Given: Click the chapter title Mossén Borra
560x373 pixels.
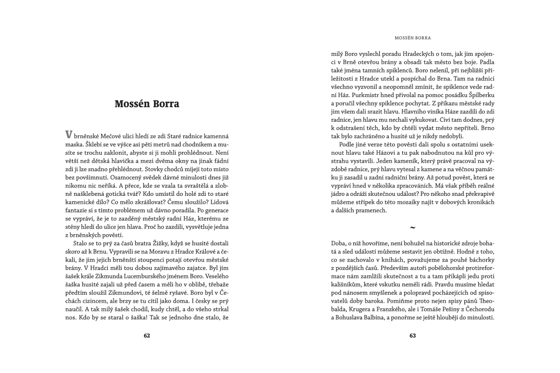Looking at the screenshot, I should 147,104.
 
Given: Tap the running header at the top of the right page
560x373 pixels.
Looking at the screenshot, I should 413,37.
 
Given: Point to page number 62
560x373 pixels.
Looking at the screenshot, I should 147,335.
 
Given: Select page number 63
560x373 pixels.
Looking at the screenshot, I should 413,335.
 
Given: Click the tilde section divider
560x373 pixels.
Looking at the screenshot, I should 412,228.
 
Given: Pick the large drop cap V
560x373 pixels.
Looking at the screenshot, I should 68,134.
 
